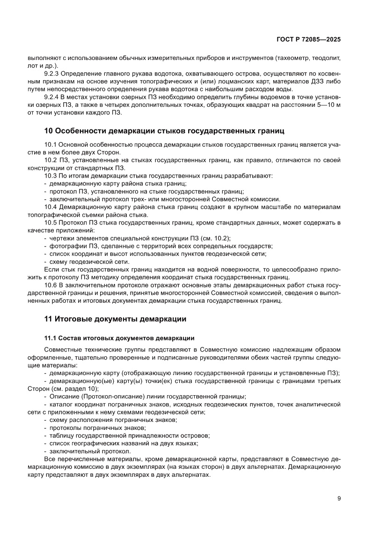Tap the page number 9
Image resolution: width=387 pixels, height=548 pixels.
coord(338,498)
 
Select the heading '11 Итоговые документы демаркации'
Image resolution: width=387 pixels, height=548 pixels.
coord(115,319)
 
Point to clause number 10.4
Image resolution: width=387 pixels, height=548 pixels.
coord(50,207)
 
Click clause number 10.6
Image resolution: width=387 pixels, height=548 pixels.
coord(50,285)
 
